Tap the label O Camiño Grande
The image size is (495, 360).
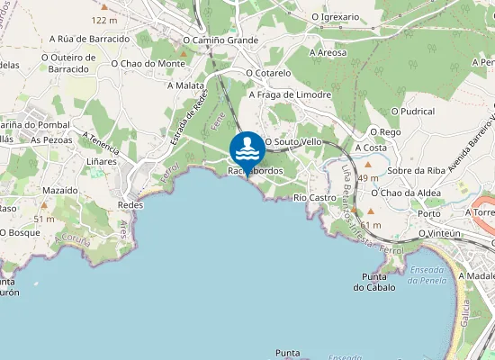tap(220, 40)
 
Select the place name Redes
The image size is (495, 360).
tap(130, 204)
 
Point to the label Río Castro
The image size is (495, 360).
tap(314, 196)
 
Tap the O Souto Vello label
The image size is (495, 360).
tap(292, 141)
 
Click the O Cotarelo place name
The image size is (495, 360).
tap(268, 73)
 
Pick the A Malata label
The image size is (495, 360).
tap(185, 85)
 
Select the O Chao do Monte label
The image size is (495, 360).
tap(148, 63)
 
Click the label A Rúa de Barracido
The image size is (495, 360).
tap(89, 39)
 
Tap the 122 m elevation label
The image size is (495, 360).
tap(104, 19)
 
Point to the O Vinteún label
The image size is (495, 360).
tap(440, 233)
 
